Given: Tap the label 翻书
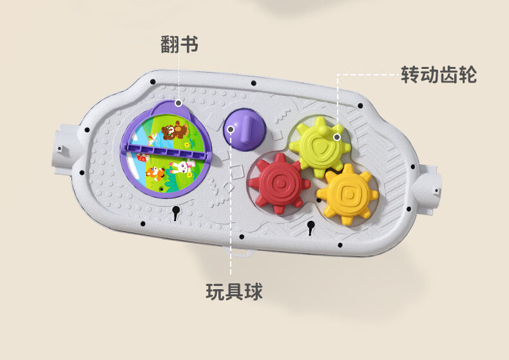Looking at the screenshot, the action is point(178,44).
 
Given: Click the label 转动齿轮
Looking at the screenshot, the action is point(439,75).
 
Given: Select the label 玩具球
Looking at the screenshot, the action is point(234,292).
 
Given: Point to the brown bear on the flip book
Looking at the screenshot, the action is point(173,131).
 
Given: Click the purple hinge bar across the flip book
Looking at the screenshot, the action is point(168,152).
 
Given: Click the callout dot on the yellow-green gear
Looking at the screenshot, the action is point(336,137).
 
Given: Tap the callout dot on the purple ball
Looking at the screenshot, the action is point(230,129).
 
